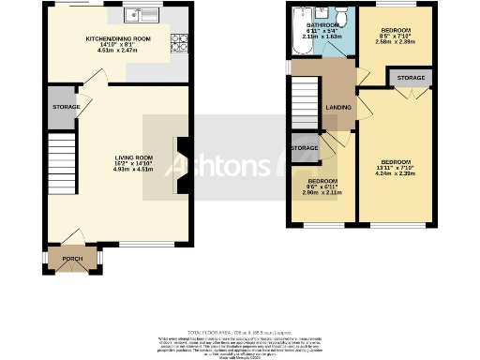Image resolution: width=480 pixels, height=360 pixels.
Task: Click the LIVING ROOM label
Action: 133,157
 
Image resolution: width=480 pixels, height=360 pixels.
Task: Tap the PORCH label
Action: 71,258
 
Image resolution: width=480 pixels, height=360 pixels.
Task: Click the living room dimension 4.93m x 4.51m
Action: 133,170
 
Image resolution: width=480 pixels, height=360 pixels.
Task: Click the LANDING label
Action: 338,106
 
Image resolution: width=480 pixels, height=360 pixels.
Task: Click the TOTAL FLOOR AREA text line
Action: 239,332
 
